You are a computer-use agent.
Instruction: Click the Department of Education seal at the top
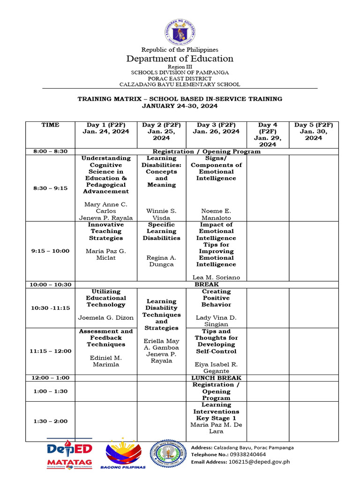click(180, 31)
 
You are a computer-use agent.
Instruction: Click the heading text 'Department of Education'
click(180, 59)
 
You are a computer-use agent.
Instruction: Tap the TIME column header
click(50, 125)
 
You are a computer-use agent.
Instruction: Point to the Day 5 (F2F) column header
click(314, 131)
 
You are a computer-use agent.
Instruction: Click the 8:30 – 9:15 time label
click(50, 188)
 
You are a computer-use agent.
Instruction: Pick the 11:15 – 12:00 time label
click(50, 351)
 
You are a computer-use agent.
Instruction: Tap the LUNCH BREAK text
click(216, 378)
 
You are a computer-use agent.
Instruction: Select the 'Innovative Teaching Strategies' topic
click(106, 231)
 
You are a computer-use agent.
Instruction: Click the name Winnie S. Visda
click(161, 214)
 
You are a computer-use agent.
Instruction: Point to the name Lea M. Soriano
click(216, 277)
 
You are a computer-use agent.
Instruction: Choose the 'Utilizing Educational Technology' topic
click(106, 298)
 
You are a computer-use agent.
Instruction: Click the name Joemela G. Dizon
click(106, 318)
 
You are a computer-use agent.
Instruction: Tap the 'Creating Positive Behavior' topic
click(216, 298)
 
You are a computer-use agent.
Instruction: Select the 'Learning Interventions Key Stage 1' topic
click(216, 411)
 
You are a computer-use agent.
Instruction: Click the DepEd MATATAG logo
click(69, 454)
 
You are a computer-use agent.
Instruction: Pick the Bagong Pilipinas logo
click(125, 454)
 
